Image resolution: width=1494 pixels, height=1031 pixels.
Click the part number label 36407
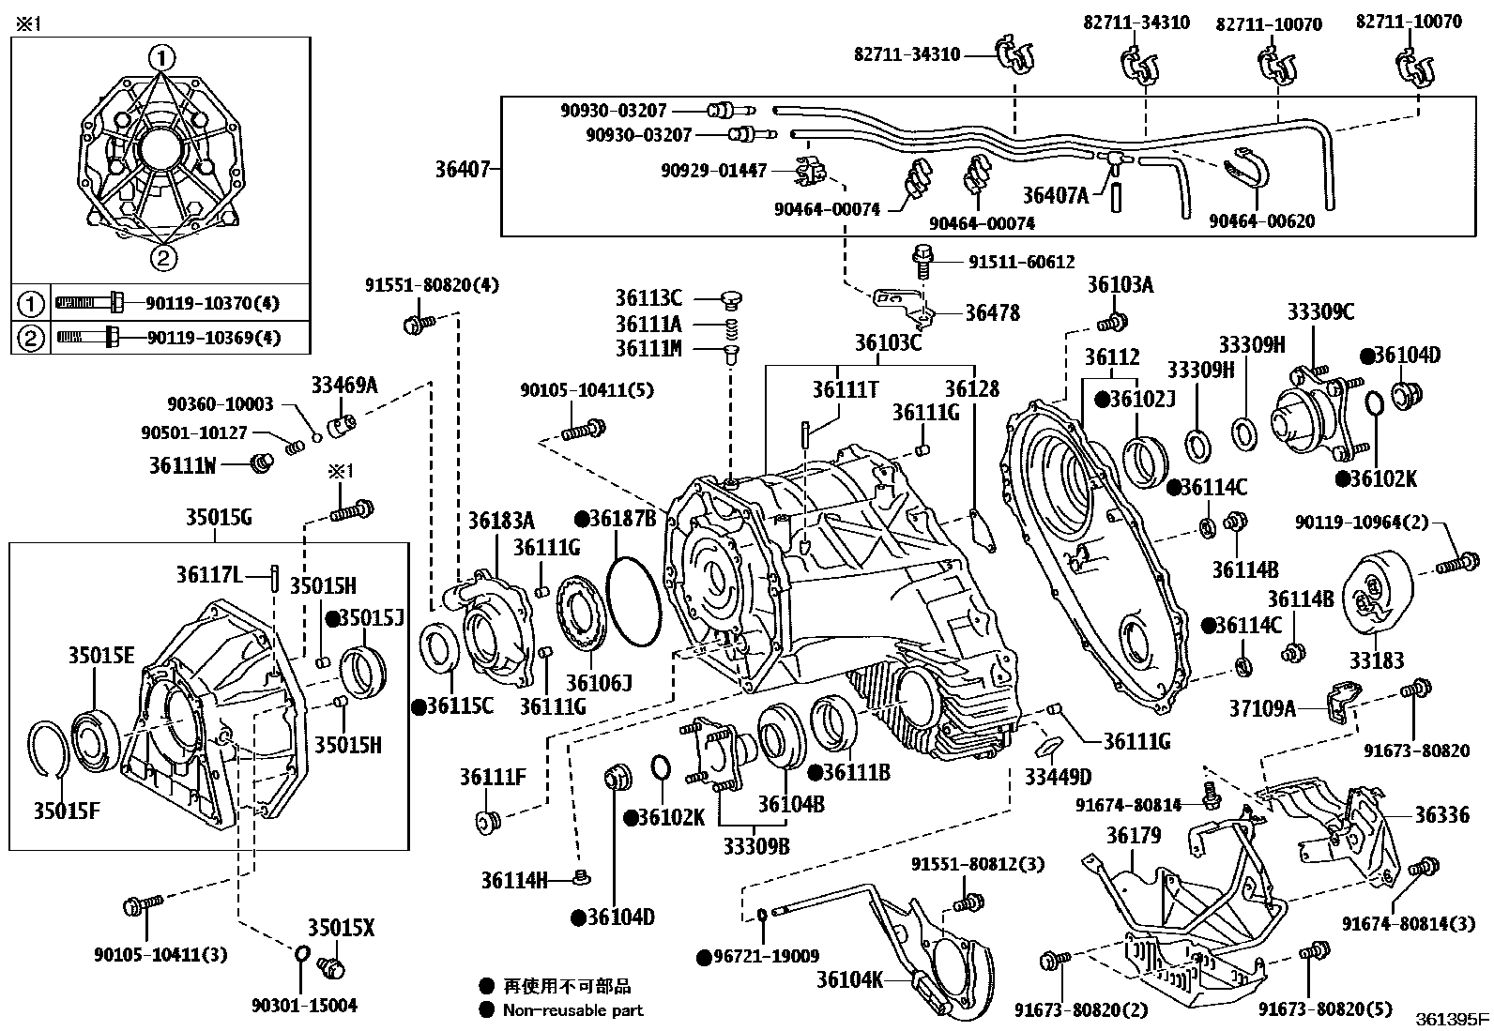point(463,170)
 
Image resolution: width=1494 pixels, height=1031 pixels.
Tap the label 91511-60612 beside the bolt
point(1021,262)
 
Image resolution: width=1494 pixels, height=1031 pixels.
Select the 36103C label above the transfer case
point(888,342)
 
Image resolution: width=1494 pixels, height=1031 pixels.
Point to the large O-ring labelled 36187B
point(633,601)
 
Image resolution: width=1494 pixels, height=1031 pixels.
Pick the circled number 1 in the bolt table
point(30,304)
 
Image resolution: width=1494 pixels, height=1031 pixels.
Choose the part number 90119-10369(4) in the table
point(213,338)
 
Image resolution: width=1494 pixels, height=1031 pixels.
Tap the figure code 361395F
point(1452,1020)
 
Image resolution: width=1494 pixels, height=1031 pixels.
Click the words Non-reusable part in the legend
point(573,1010)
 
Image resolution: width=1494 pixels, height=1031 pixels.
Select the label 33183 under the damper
point(1377,660)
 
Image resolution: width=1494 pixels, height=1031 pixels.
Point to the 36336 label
point(1442,814)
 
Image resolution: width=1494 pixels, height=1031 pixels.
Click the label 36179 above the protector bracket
point(1134,835)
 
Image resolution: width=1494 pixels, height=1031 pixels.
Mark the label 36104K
point(849,979)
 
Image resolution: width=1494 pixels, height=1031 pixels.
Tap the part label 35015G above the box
point(218,517)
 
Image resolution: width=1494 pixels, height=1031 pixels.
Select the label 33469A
point(344,385)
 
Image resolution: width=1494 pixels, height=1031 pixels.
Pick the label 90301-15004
point(304,1005)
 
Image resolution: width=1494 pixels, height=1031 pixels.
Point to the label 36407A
point(1055,195)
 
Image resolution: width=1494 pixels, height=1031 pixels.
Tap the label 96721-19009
point(766,956)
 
